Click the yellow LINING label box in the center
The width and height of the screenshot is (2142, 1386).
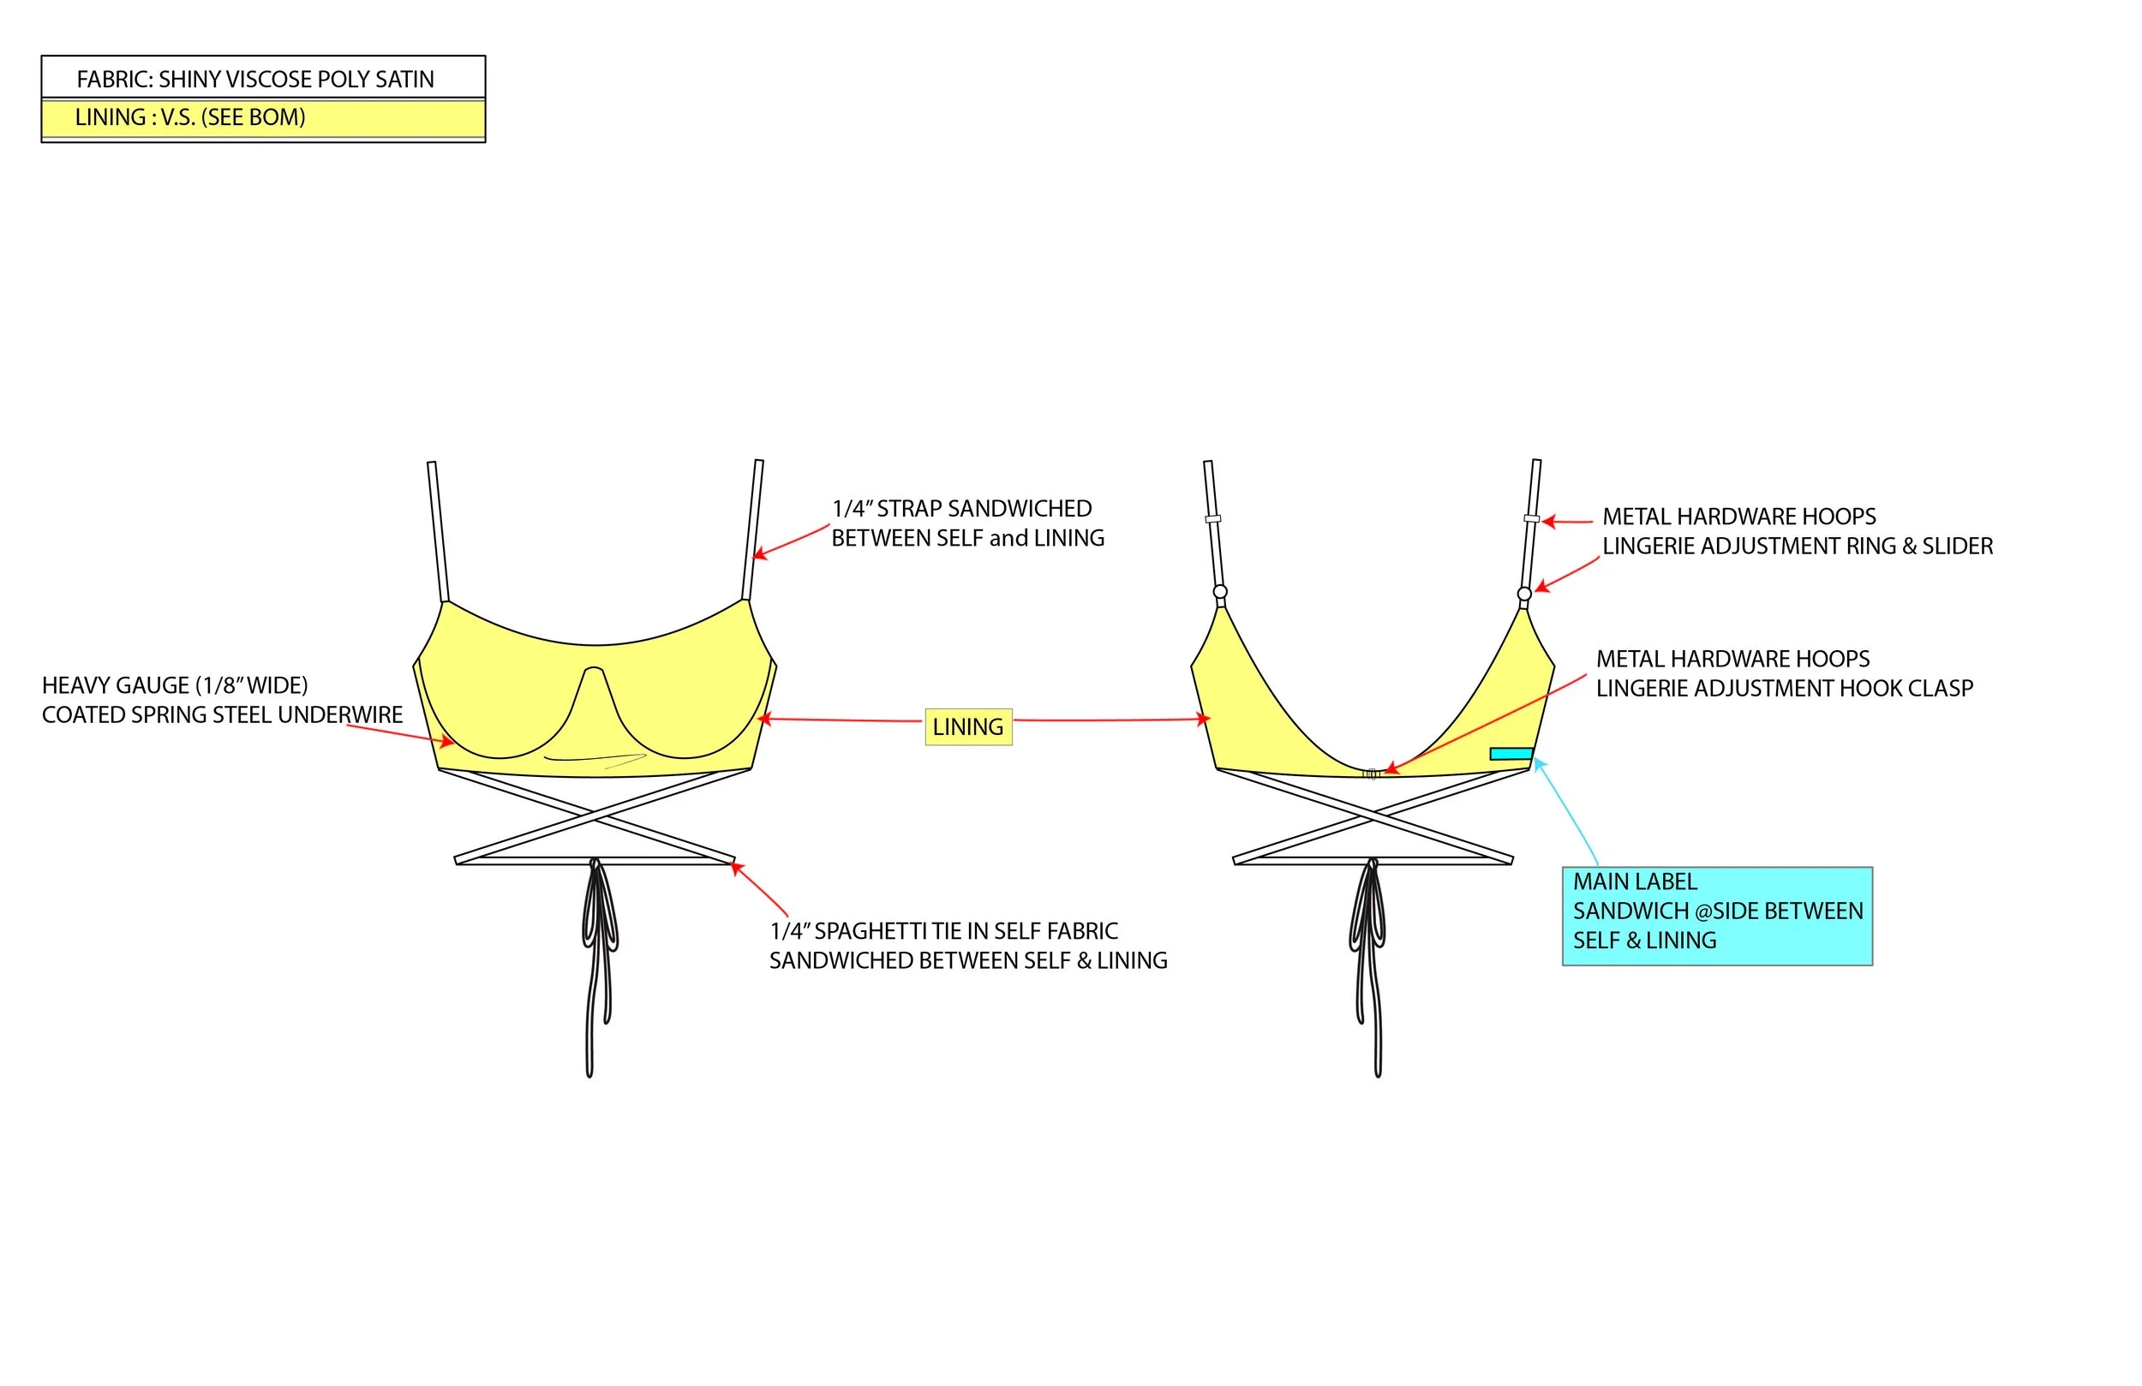click(968, 727)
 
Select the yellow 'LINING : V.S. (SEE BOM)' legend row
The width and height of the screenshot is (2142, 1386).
click(263, 118)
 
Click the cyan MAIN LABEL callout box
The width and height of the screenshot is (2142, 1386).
click(1717, 916)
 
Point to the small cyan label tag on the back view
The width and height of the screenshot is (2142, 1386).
click(1511, 753)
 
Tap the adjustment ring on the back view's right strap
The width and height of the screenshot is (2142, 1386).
click(1523, 594)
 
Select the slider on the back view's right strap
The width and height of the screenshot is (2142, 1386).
click(1531, 518)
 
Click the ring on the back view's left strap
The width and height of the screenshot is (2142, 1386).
click(1220, 592)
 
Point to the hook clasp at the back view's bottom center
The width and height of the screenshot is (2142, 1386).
click(1371, 774)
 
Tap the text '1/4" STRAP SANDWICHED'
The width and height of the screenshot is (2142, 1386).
click(961, 509)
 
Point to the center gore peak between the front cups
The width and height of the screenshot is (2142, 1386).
click(594, 671)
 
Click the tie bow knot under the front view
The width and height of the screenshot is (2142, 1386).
click(594, 866)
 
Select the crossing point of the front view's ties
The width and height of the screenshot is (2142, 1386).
click(594, 817)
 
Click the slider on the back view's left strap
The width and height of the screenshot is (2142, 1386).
click(1213, 518)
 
